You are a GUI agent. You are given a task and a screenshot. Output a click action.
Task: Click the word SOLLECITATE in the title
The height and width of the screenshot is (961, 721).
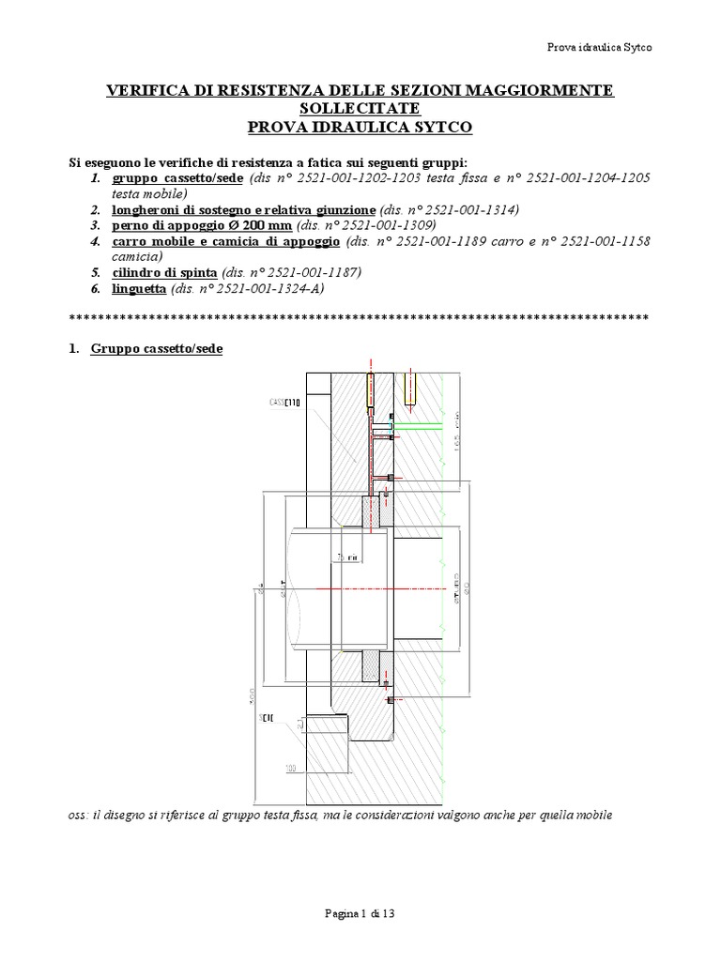(x=360, y=108)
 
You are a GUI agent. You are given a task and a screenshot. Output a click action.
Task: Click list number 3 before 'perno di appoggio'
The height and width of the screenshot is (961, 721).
(x=96, y=226)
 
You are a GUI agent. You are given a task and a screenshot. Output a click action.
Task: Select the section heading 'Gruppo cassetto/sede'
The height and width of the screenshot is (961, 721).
(x=157, y=349)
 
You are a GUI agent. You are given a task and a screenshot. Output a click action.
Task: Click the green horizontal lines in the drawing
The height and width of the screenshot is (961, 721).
(x=419, y=428)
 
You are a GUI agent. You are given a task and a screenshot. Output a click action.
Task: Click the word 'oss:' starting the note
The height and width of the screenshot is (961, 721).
(x=82, y=814)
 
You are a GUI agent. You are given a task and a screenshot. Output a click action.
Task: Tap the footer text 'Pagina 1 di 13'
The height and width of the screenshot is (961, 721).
(x=360, y=911)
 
